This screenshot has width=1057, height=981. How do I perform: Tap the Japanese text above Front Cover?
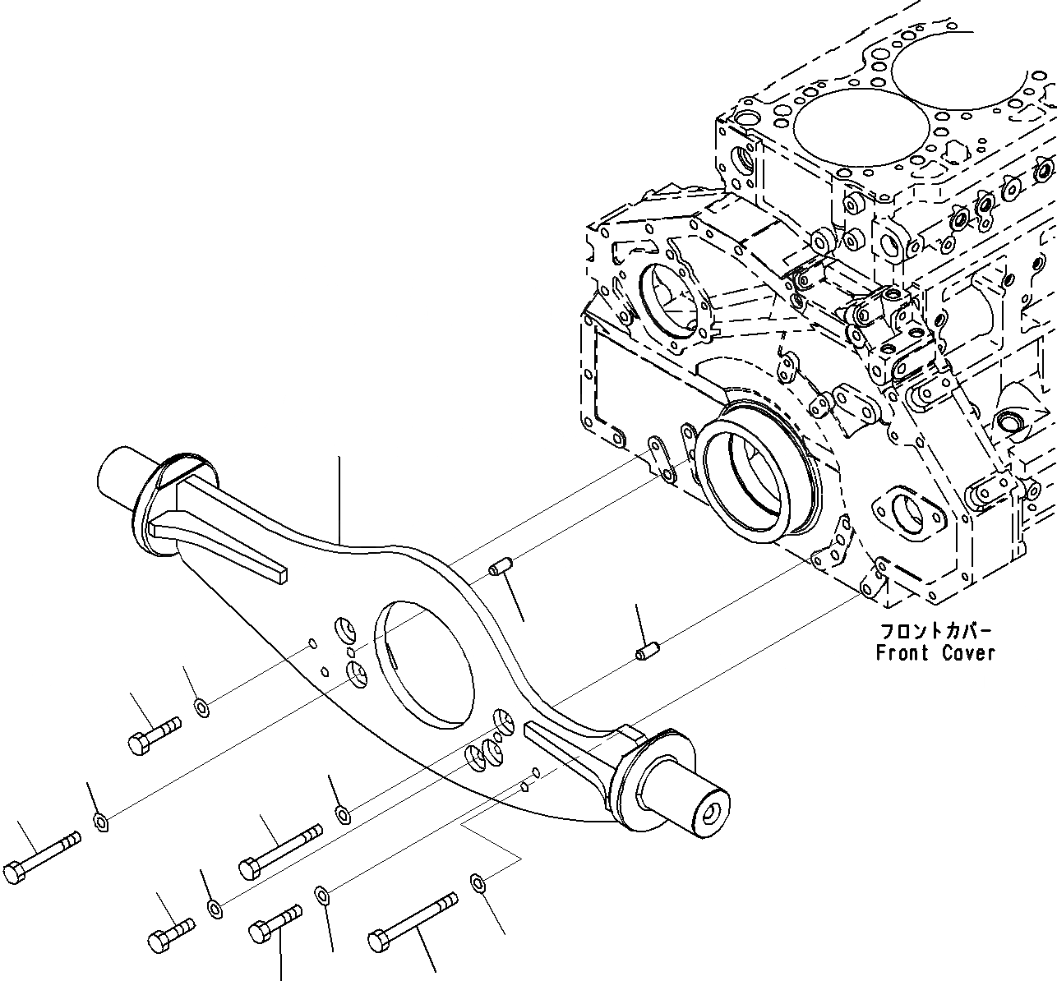click(936, 632)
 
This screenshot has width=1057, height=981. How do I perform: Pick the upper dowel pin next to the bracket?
click(500, 567)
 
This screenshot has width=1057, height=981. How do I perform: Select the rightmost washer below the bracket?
click(478, 884)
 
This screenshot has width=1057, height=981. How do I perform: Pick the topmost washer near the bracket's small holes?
click(201, 707)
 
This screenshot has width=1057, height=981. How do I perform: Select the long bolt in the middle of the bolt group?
click(279, 850)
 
